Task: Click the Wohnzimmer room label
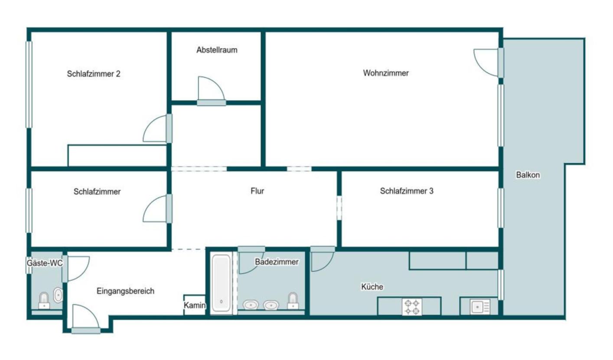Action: (386, 73)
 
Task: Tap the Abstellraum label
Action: (217, 50)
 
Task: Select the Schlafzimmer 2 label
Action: (94, 74)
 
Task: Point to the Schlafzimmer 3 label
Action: (407, 191)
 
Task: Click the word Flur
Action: (257, 191)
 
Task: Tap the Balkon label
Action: (528, 175)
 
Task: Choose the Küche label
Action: (372, 287)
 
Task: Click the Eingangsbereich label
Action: (125, 291)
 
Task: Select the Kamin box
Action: (194, 305)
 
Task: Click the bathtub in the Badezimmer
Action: (221, 283)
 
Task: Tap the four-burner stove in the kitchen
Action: (412, 307)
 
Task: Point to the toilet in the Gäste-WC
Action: (44, 301)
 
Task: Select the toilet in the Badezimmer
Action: (293, 301)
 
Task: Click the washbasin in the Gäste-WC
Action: (58, 295)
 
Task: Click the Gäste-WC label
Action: (45, 263)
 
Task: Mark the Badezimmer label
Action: (277, 262)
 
